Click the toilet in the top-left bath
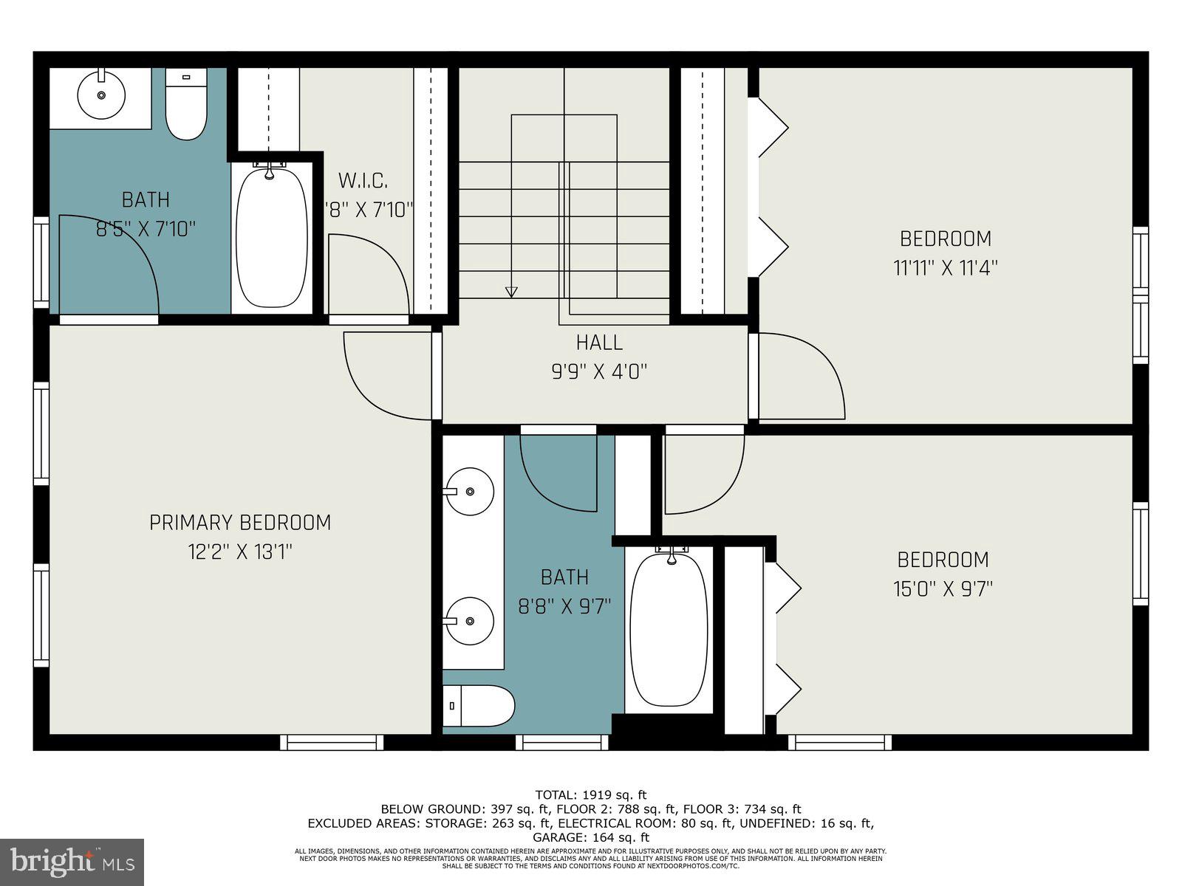[x=185, y=105]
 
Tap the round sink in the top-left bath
[x=102, y=95]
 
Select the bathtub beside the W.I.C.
[x=271, y=238]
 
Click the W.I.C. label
[x=363, y=180]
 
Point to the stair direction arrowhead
[x=511, y=292]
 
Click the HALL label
[x=599, y=343]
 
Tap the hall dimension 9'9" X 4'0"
[x=599, y=371]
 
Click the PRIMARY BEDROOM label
[x=240, y=523]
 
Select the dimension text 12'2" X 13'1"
[x=240, y=552]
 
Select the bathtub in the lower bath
[x=669, y=629]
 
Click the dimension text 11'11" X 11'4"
[x=945, y=267]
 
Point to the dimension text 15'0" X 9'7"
[x=944, y=588]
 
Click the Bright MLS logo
[x=72, y=862]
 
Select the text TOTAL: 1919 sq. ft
[x=591, y=795]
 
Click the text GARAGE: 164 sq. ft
[x=591, y=837]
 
